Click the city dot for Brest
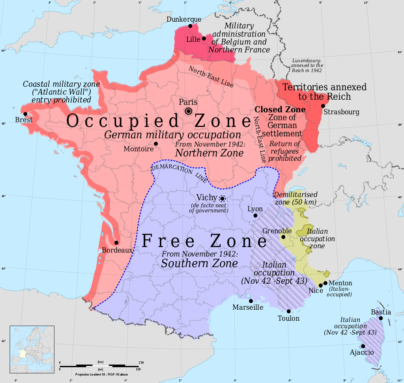pos(26,114)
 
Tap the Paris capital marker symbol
pos(189,111)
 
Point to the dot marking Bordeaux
pos(116,243)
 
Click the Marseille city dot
pos(251,301)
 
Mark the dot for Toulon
pos(289,311)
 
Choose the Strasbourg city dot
pos(323,106)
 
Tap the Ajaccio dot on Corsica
pos(363,346)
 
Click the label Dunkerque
pos(184,19)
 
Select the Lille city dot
pos(204,39)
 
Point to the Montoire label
pos(138,149)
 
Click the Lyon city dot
pos(255,216)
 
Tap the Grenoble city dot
pos(283,237)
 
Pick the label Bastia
pos(381,312)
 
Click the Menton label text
pos(340,283)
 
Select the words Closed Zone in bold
pos(280,109)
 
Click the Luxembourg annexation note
pos(307,65)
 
